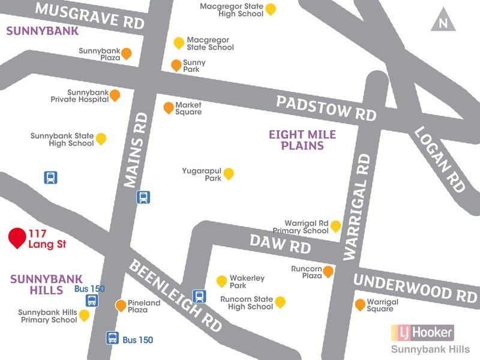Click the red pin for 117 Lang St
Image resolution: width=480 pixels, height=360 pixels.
pyautogui.click(x=17, y=238)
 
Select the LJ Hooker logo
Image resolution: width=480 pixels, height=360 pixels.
pyautogui.click(x=422, y=331)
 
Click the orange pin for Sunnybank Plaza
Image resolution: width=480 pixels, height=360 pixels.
pyautogui.click(x=126, y=54)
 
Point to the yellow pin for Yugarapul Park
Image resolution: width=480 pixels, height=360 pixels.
pyautogui.click(x=228, y=174)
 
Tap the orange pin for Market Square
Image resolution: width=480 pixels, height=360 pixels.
pyautogui.click(x=169, y=108)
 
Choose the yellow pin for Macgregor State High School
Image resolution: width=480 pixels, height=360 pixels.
pyautogui.click(x=271, y=9)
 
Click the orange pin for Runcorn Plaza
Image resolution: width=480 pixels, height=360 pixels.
pyautogui.click(x=328, y=272)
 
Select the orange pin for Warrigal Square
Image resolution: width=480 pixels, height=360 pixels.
pyautogui.click(x=360, y=304)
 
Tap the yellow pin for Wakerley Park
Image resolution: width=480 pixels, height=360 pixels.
pyautogui.click(x=221, y=281)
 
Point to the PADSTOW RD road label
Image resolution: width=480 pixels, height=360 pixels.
pyautogui.click(x=326, y=107)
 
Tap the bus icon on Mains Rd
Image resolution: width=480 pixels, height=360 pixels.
pyautogui.click(x=143, y=197)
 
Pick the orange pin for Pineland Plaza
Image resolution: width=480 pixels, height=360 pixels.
pyautogui.click(x=121, y=306)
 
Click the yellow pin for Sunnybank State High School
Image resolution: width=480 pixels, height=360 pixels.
pyautogui.click(x=101, y=139)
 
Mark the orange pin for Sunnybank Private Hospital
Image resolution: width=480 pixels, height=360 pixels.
pyautogui.click(x=114, y=95)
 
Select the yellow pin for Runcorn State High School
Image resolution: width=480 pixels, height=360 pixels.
pyautogui.click(x=280, y=302)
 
